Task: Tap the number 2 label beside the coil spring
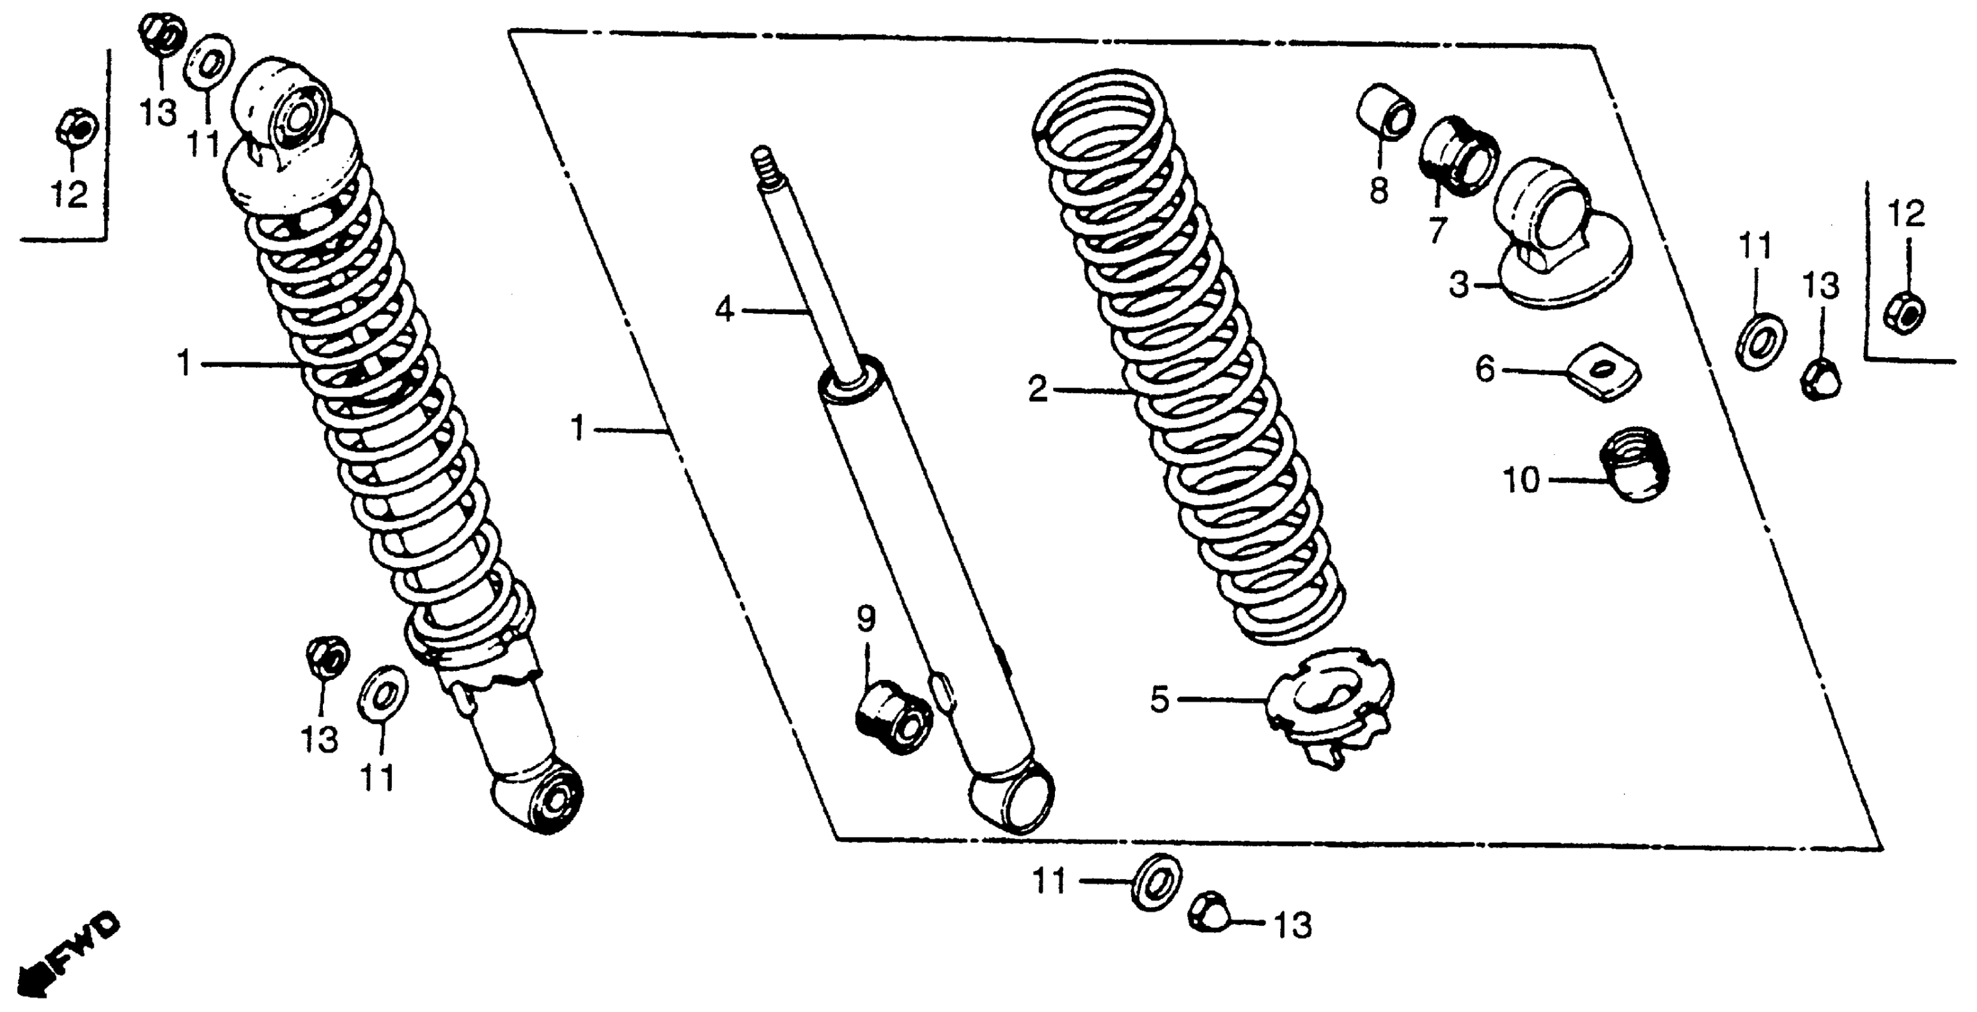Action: point(1037,390)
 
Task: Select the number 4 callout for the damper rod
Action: point(724,310)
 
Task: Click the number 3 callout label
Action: point(1459,285)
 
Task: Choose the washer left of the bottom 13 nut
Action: point(1157,882)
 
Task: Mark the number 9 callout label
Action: point(865,619)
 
